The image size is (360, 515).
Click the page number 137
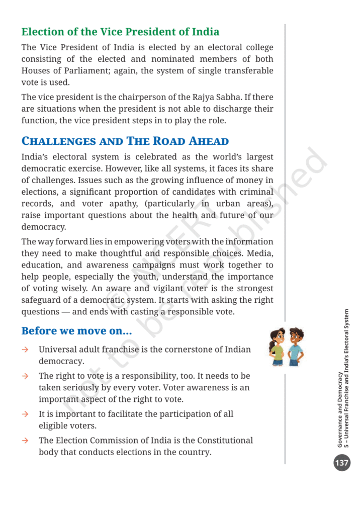pos(342,462)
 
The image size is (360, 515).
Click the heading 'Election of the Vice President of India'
pos(120,32)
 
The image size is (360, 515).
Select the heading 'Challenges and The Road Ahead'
pos(125,141)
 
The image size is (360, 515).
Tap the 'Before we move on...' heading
pos(76,331)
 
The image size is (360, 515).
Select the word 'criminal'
pos(254,192)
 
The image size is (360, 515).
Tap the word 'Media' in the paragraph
pos(259,253)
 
